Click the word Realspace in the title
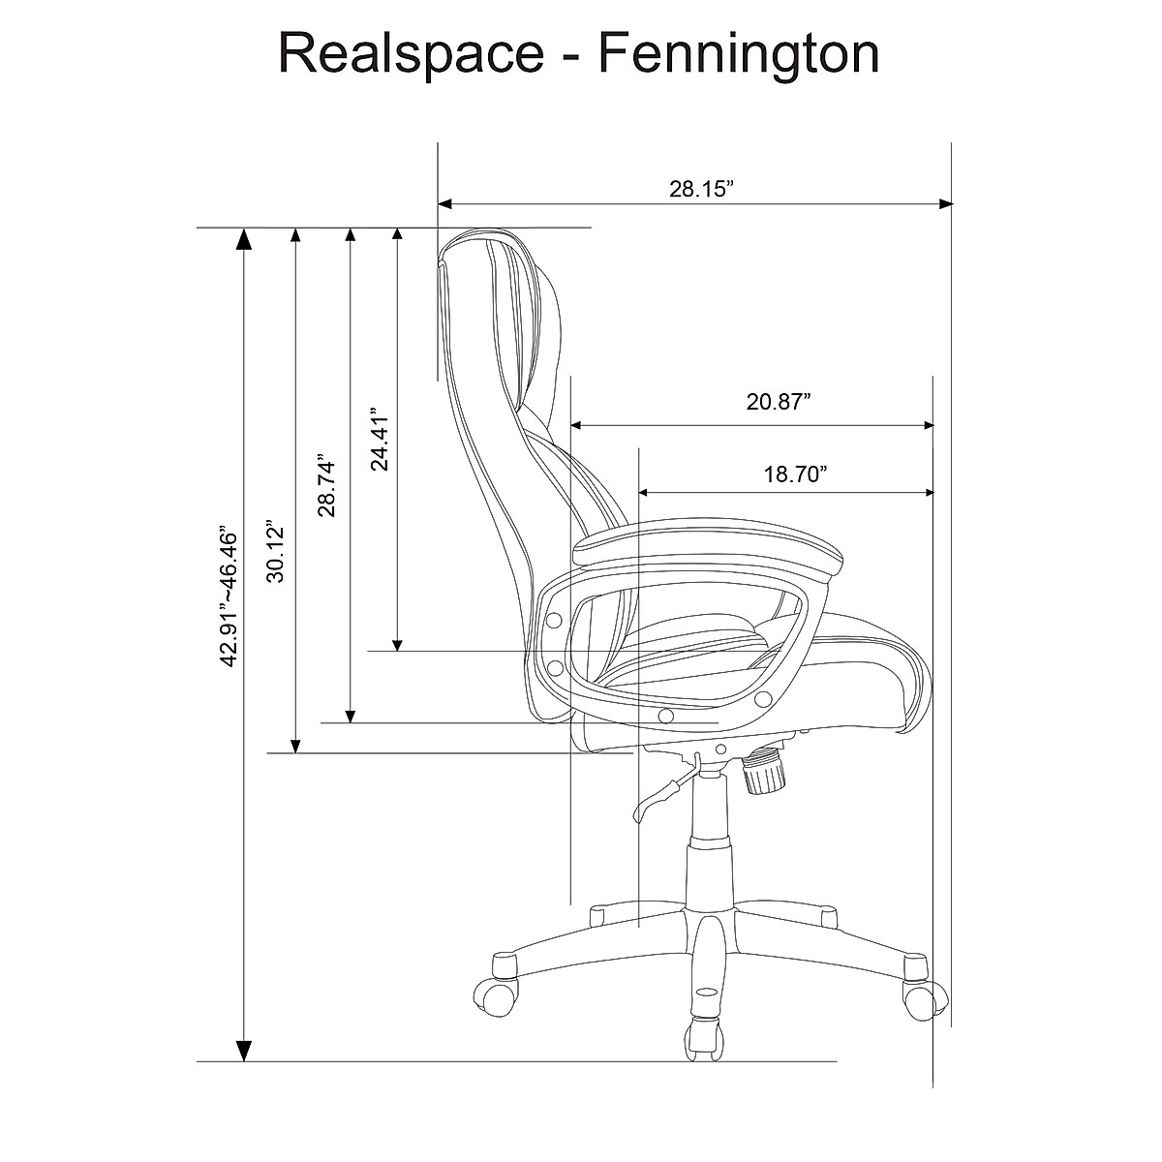(411, 55)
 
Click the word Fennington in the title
(738, 55)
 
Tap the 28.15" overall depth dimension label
(697, 190)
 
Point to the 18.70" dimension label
(794, 474)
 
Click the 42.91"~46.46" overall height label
(229, 596)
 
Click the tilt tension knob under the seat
(766, 774)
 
